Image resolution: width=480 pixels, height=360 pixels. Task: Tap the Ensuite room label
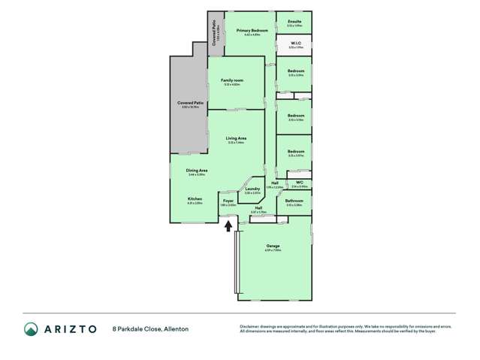[294, 22]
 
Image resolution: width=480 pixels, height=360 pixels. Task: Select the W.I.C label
[295, 44]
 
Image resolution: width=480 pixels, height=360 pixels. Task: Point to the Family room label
[232, 80]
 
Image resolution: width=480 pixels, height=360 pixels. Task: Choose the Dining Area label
[197, 171]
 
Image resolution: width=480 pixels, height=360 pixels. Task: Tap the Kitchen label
[195, 199]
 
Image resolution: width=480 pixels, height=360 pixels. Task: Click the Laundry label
[252, 189]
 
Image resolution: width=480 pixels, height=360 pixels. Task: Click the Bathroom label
[294, 201]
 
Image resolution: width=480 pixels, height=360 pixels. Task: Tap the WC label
[299, 182]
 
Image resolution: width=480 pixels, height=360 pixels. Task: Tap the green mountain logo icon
[32, 328]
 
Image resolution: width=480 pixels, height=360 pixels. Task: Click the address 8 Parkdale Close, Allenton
[150, 329]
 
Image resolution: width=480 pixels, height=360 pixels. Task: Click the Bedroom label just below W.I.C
[295, 71]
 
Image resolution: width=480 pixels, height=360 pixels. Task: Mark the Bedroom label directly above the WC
[295, 153]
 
